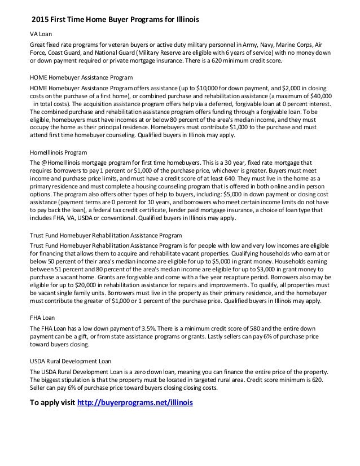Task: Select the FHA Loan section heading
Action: point(42,318)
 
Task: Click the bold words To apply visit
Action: point(51,403)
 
